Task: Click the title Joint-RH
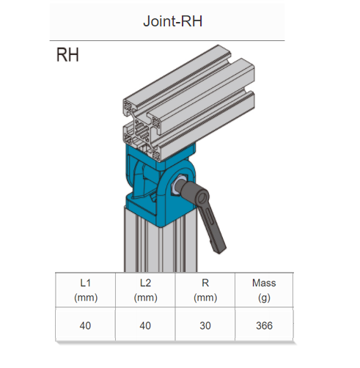pos(172,21)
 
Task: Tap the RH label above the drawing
pos(67,55)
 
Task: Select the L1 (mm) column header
pos(86,290)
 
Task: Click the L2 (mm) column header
pos(145,290)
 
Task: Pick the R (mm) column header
pos(205,290)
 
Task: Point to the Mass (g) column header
pos(264,290)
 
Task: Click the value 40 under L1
pos(85,325)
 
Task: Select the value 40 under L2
pos(145,325)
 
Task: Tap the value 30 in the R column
pos(205,325)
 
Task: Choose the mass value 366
pos(264,325)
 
